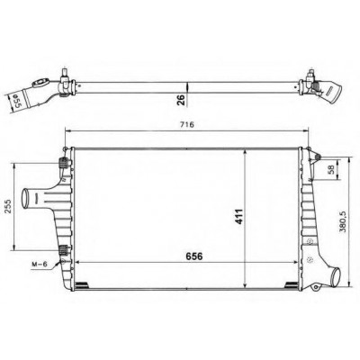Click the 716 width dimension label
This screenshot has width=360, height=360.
(x=188, y=124)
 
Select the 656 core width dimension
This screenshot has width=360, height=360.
(x=194, y=256)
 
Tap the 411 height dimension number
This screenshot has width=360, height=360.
(x=238, y=216)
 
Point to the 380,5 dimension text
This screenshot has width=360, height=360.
(x=343, y=221)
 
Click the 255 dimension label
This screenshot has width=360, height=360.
(x=9, y=206)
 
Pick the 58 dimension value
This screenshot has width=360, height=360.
(x=331, y=170)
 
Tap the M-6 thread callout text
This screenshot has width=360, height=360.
(x=40, y=265)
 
